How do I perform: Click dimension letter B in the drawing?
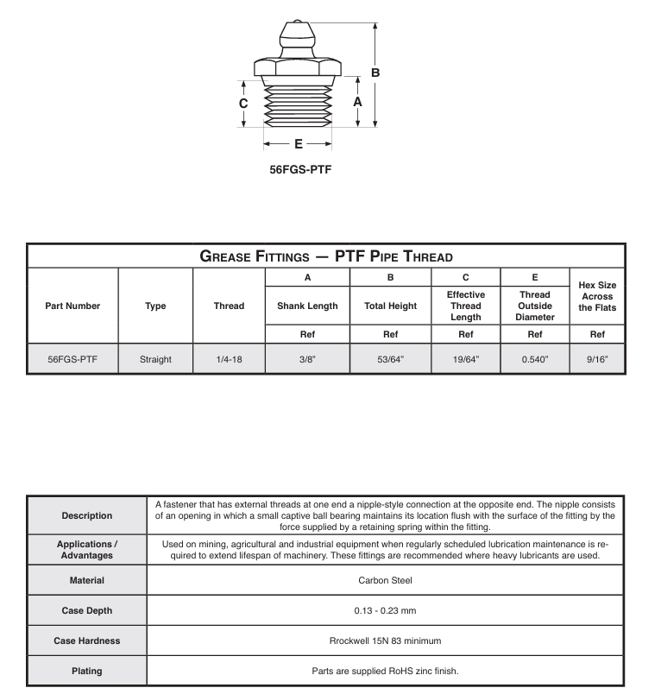[375, 73]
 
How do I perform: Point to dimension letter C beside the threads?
[243, 104]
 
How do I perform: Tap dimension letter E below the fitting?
[299, 143]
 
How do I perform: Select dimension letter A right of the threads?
[357, 100]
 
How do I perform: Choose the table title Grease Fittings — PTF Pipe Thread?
[326, 256]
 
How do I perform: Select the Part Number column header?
[72, 306]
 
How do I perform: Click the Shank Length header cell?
[308, 306]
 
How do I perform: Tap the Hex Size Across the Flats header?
[596, 296]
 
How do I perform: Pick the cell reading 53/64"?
[390, 358]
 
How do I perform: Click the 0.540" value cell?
[535, 358]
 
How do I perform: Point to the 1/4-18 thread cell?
[229, 358]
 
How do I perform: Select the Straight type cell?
[155, 358]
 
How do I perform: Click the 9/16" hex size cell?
[596, 358]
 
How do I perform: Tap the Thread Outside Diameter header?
[535, 306]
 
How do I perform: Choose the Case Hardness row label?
[86, 640]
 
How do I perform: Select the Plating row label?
[86, 671]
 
